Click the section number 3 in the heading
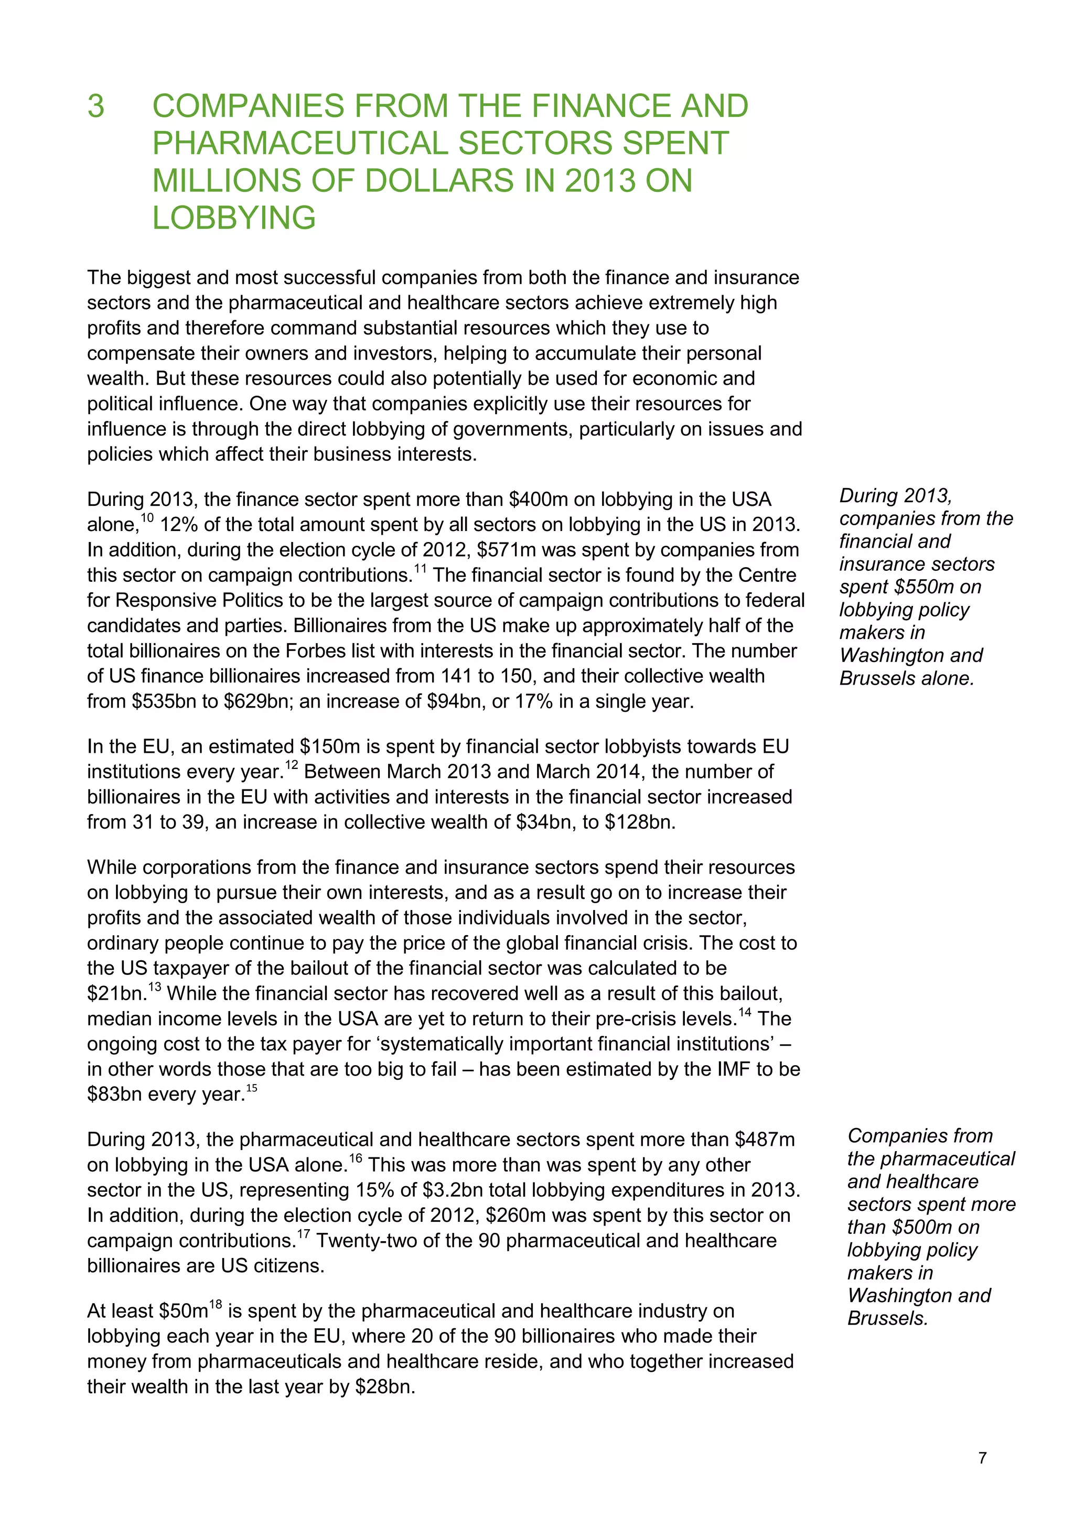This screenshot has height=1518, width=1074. tap(96, 106)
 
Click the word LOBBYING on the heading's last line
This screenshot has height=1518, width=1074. tap(234, 218)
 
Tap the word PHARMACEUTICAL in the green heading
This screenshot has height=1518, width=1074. tap(300, 144)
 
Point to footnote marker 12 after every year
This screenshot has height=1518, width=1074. tap(291, 765)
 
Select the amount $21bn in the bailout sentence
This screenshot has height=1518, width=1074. tap(116, 994)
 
